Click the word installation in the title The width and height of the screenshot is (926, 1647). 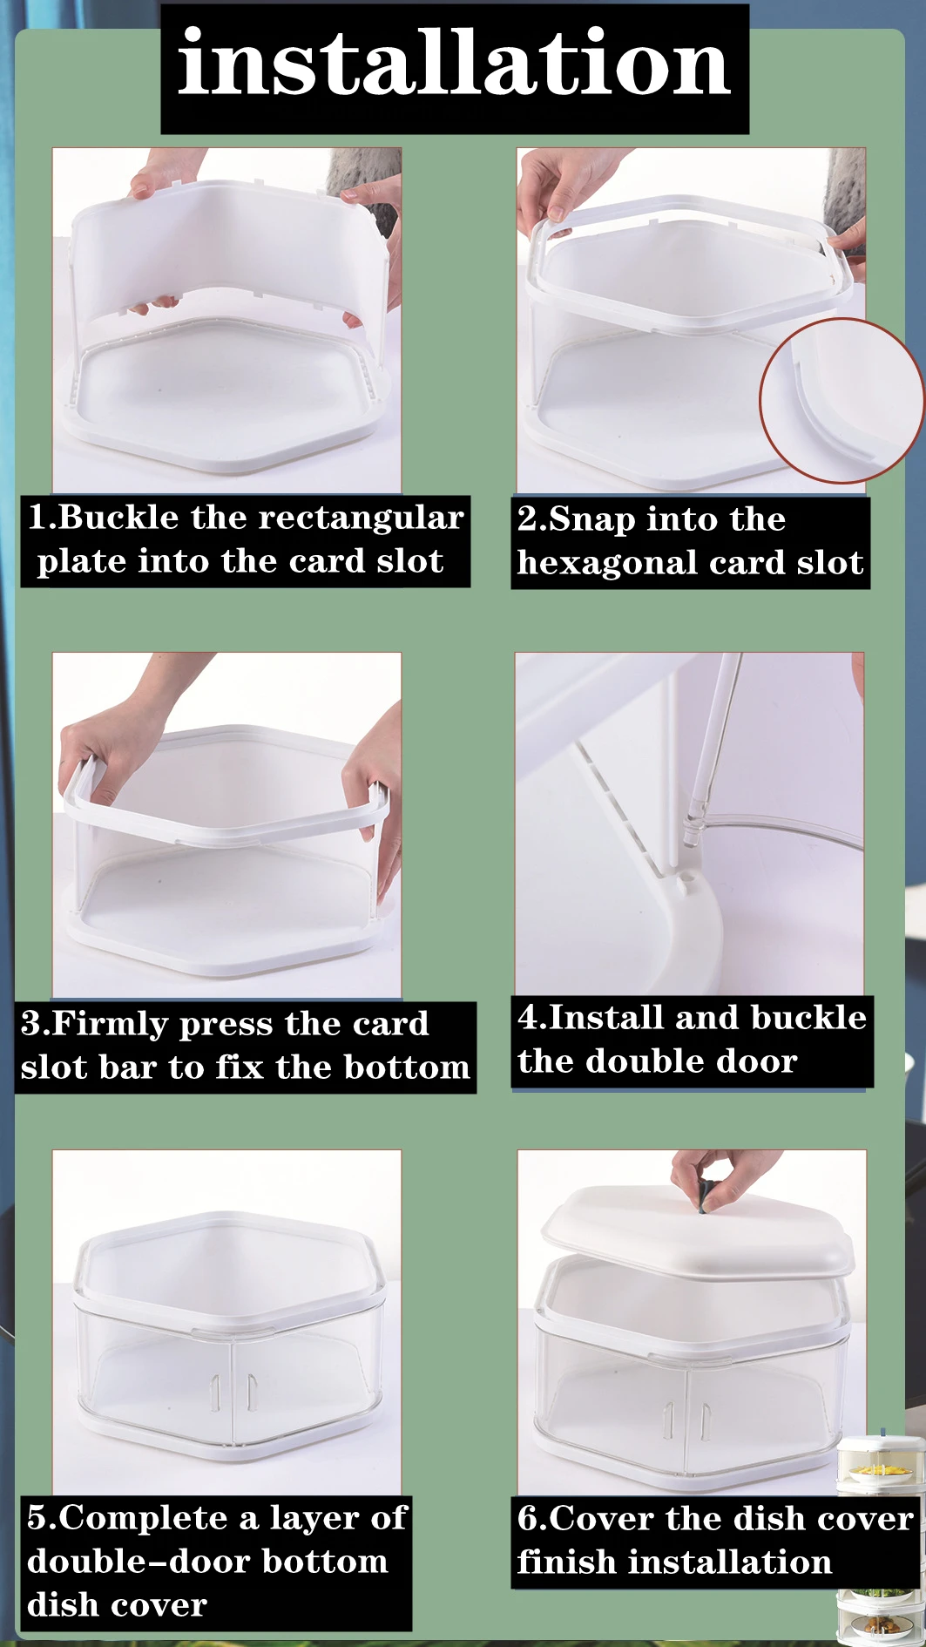[454, 63]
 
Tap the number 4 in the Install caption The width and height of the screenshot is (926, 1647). [526, 1017]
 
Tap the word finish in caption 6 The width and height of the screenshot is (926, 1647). [565, 1562]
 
